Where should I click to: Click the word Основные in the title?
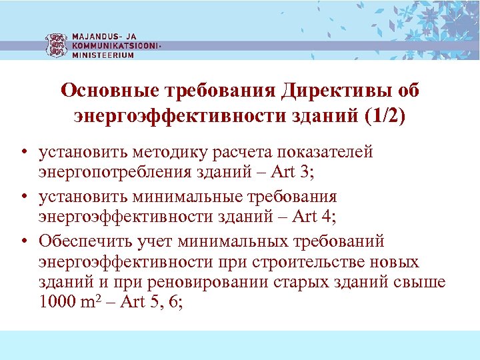tap(106, 90)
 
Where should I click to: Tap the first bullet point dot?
tap(23, 153)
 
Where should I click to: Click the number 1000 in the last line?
tap(58, 301)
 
